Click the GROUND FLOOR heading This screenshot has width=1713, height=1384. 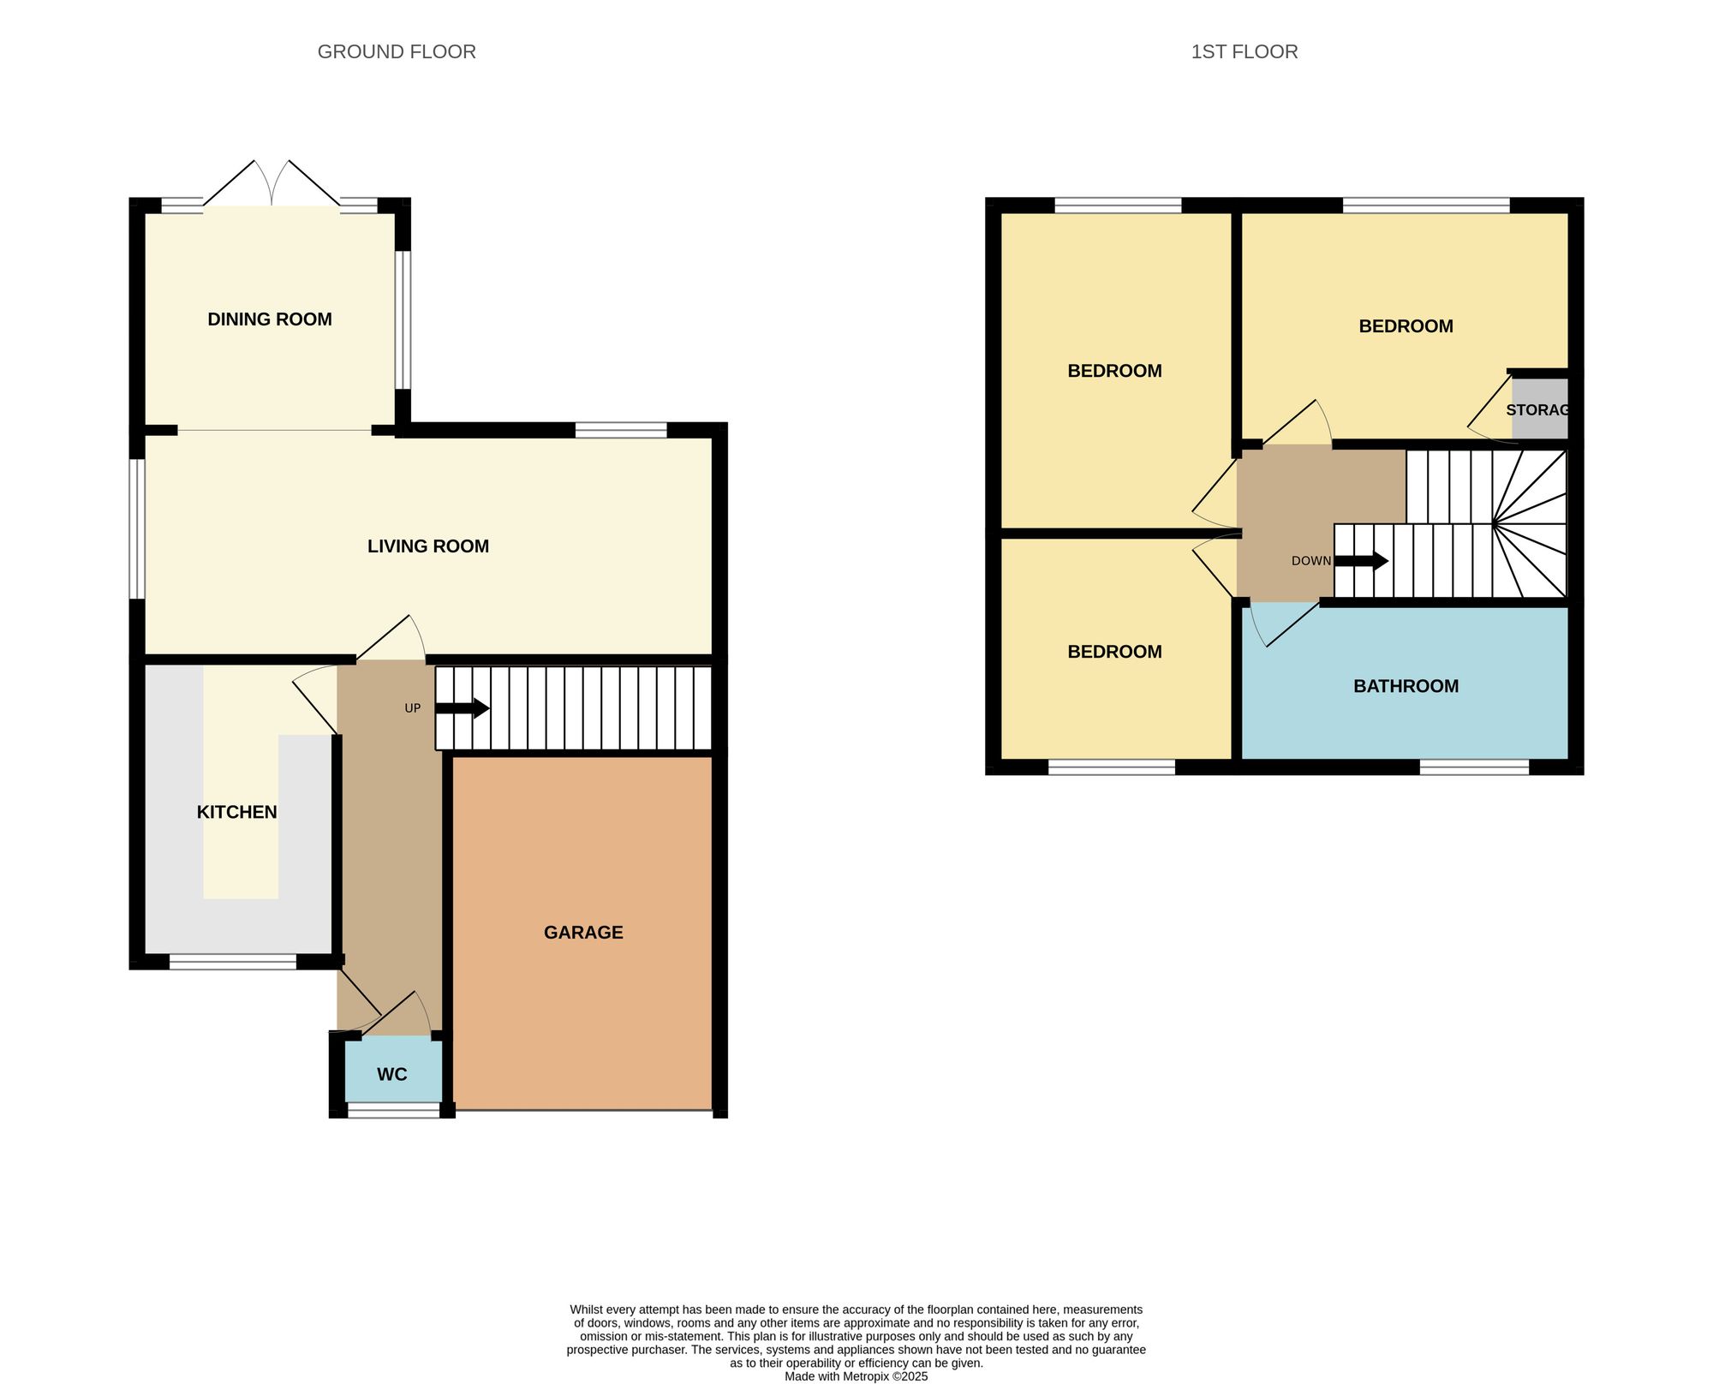(x=397, y=52)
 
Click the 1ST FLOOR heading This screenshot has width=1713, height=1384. (x=1244, y=52)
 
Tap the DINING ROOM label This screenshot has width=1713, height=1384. (x=270, y=319)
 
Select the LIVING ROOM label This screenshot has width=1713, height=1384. (x=428, y=546)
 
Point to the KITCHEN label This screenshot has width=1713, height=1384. (x=237, y=812)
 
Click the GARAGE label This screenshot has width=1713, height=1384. (x=583, y=933)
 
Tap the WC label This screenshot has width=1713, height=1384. (x=392, y=1075)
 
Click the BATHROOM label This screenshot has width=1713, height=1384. (x=1406, y=686)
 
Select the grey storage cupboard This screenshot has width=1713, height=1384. (x=1539, y=410)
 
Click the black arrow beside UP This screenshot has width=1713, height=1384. (x=463, y=709)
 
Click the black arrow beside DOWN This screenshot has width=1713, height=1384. (x=1361, y=562)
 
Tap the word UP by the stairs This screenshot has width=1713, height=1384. (x=413, y=709)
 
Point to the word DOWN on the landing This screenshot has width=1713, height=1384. (x=1311, y=562)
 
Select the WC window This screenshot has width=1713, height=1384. (x=394, y=1112)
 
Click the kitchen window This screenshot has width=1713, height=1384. (x=233, y=963)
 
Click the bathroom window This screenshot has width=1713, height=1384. (x=1474, y=767)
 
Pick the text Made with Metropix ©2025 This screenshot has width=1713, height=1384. (x=856, y=1376)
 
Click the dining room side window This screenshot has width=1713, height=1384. (x=403, y=320)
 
